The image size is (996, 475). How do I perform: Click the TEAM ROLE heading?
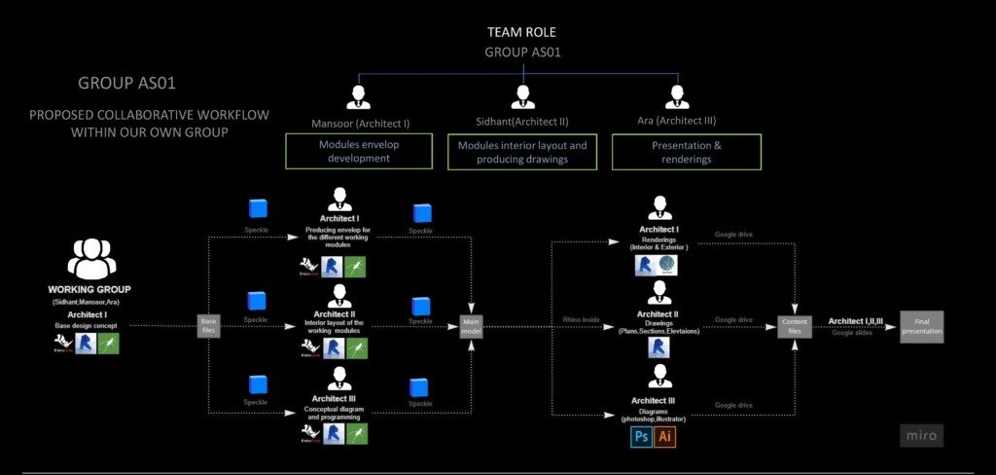click(521, 32)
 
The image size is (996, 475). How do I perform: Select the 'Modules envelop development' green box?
click(359, 152)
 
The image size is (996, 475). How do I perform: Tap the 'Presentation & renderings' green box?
click(686, 152)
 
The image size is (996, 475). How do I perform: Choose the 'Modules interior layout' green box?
click(522, 152)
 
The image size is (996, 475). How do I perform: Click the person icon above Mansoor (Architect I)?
click(359, 96)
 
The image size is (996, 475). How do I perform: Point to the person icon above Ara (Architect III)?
click(676, 96)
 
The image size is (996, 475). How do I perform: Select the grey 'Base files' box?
click(209, 325)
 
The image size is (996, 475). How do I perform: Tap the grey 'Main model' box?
click(473, 325)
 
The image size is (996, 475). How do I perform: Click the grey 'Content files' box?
click(794, 325)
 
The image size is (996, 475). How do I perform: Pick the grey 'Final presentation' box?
click(920, 325)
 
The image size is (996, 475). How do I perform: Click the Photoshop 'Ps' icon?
click(641, 436)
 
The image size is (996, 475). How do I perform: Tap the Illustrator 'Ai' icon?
click(665, 436)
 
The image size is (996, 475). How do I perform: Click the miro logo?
click(919, 435)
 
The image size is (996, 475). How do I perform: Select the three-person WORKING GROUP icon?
click(91, 260)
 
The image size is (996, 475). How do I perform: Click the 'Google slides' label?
click(853, 333)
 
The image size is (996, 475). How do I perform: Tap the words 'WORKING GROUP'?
click(89, 290)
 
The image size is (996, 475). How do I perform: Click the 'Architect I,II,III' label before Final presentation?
click(856, 320)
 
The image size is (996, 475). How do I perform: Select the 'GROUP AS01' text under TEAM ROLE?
click(522, 53)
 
